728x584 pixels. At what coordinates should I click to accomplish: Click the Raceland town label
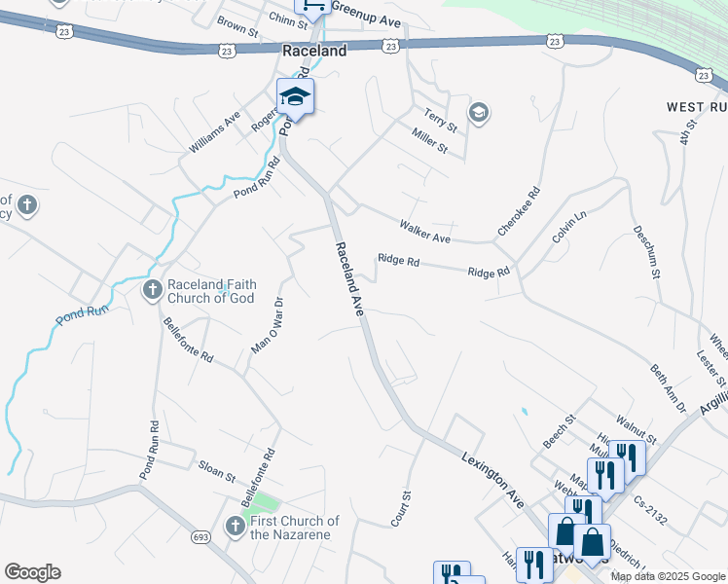pos(313,51)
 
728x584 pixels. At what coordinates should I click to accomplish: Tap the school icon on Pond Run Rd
pos(295,97)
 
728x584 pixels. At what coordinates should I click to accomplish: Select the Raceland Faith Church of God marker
pos(152,289)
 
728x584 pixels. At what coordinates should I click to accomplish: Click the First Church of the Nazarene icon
pos(234,527)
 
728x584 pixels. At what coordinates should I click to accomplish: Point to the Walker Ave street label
pos(425,232)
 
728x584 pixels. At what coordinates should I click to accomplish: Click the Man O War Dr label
pos(266,325)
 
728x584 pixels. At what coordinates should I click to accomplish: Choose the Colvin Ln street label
pos(571,230)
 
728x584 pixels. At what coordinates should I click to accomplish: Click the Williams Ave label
pos(215,132)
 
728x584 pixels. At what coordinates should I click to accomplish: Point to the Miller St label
pos(429,142)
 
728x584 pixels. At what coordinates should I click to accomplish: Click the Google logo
pos(32,572)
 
